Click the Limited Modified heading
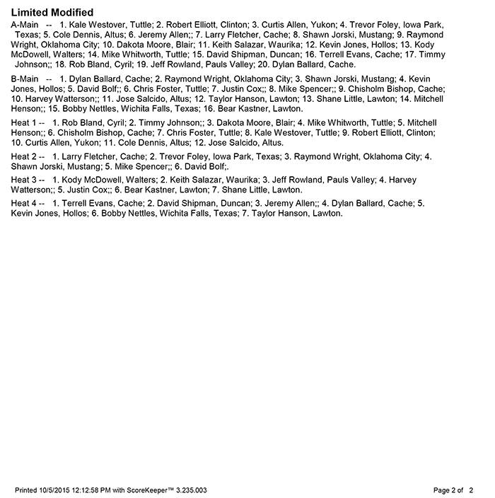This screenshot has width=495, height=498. [x=52, y=13]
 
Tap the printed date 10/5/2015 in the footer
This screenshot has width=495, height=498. [x=62, y=490]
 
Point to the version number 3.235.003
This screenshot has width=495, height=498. [x=191, y=490]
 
